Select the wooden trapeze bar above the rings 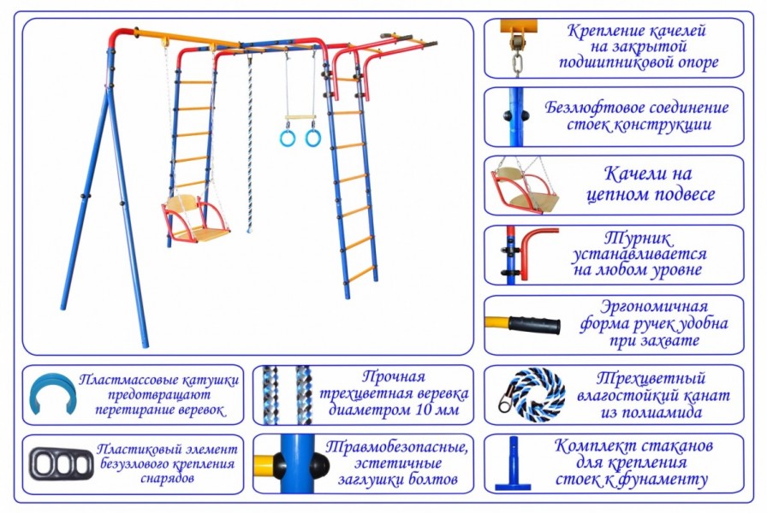pos(300,117)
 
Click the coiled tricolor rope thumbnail pos(527,394)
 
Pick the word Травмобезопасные pos(397,446)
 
